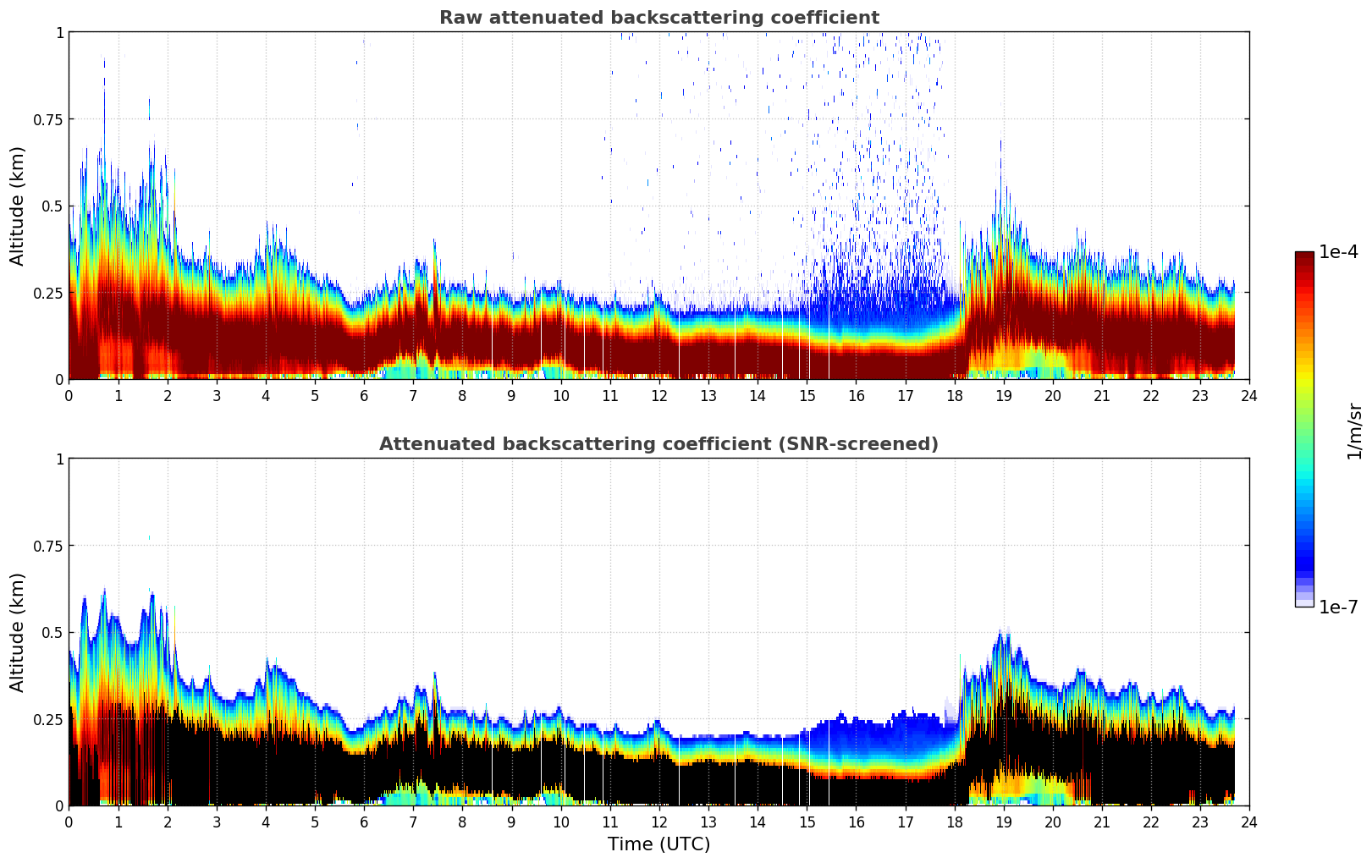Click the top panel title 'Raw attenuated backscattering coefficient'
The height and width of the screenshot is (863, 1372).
click(x=658, y=18)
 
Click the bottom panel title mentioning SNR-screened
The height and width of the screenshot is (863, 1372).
click(x=658, y=444)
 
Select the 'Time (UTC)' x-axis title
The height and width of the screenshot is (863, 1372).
click(x=658, y=844)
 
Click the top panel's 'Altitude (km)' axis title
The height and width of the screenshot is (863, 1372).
click(x=18, y=206)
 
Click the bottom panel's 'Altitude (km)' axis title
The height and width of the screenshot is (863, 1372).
click(x=18, y=632)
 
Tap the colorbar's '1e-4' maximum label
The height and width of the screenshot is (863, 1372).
click(x=1338, y=252)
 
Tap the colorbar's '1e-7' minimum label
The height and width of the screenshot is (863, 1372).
click(x=1338, y=607)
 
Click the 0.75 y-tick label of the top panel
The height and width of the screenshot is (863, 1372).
click(x=48, y=119)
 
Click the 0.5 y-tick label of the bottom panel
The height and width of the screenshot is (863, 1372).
click(x=52, y=632)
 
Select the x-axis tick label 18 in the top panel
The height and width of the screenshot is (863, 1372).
click(x=955, y=396)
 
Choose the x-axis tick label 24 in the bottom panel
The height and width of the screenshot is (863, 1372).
click(x=1249, y=822)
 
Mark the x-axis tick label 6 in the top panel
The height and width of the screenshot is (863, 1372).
click(x=364, y=396)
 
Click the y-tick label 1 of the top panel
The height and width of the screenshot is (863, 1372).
click(x=59, y=32)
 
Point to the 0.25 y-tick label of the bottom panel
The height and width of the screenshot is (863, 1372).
click(x=48, y=719)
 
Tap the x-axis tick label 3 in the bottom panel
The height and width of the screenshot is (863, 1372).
click(x=217, y=822)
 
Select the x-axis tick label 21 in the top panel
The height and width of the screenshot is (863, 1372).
click(x=1102, y=396)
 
